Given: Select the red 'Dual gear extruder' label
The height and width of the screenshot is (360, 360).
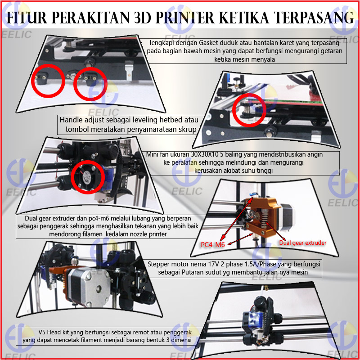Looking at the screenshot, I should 302,243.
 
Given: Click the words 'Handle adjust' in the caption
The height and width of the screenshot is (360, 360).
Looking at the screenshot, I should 79,121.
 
